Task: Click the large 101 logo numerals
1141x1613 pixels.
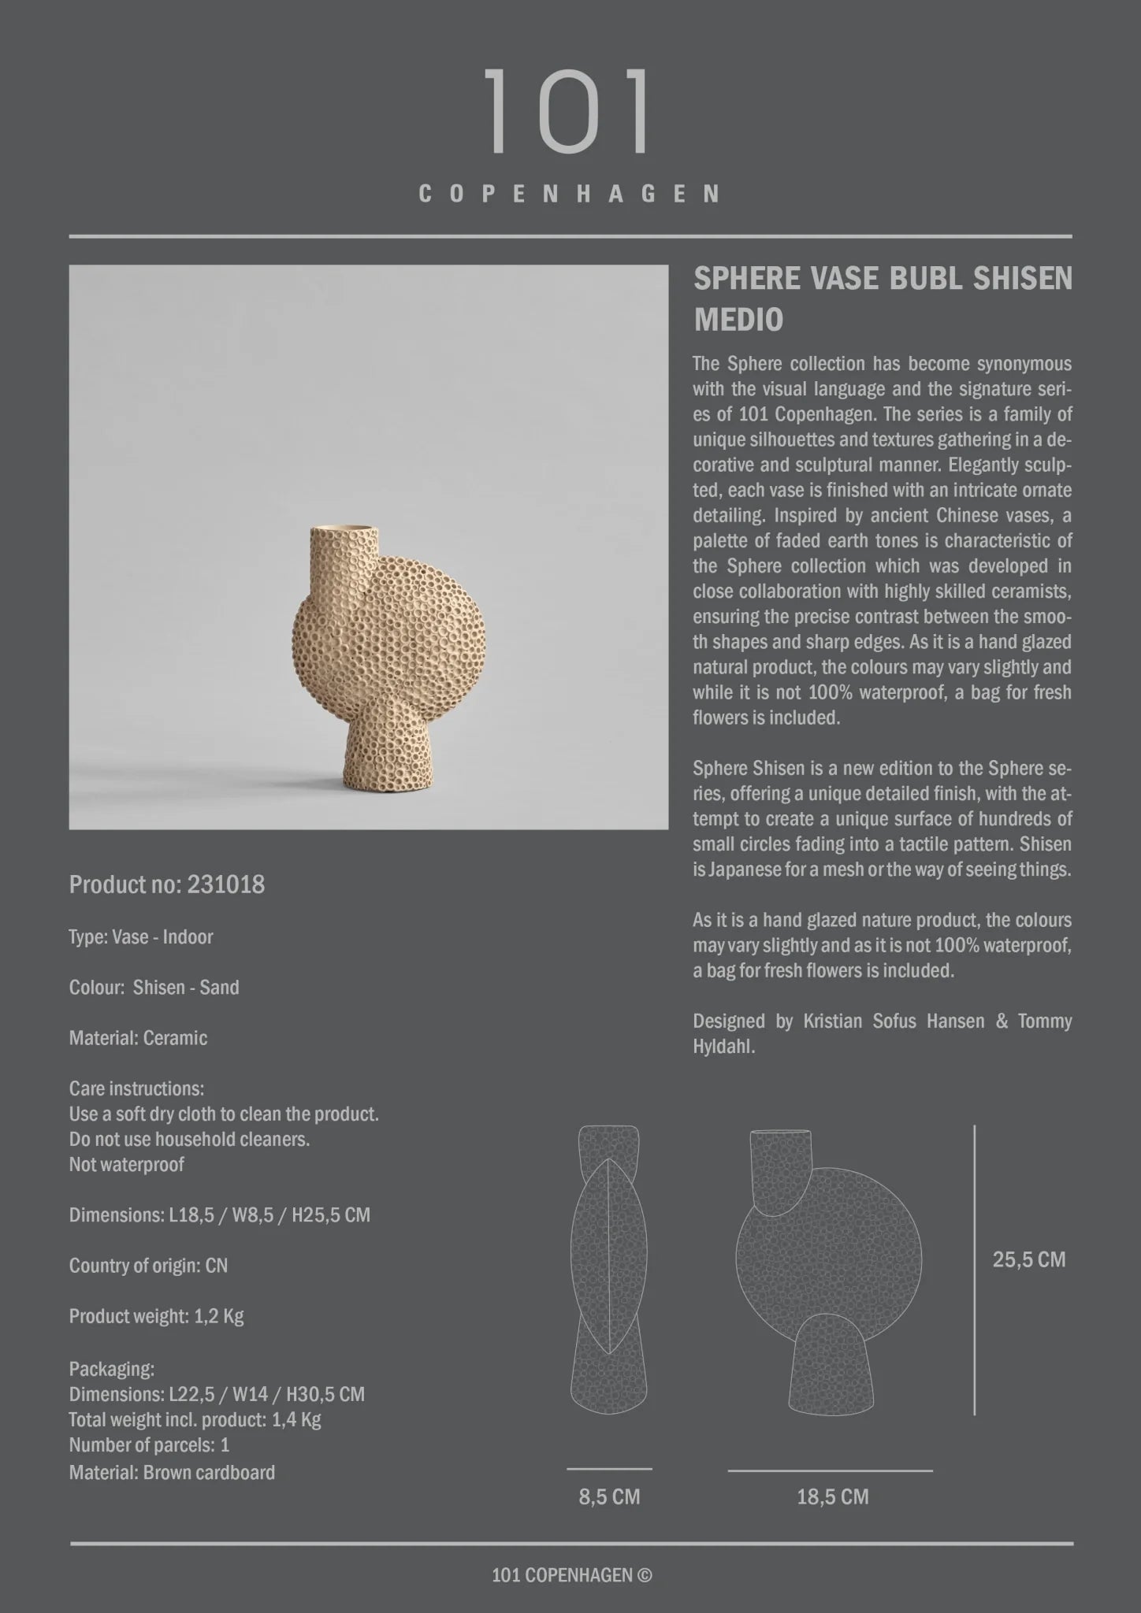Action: [x=567, y=111]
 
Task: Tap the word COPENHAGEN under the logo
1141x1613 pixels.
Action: [x=569, y=194]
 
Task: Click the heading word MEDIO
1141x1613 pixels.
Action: [x=738, y=320]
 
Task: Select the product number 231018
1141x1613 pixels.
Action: [x=225, y=884]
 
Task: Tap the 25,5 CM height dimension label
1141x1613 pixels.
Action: [x=1028, y=1259]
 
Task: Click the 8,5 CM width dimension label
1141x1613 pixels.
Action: [x=609, y=1496]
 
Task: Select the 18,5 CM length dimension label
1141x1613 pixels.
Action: [x=832, y=1496]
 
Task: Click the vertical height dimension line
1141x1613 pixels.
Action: [x=975, y=1268]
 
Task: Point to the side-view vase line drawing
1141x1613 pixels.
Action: [x=608, y=1268]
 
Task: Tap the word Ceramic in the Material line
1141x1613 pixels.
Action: [x=175, y=1038]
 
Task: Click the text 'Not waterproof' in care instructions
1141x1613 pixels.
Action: [x=127, y=1164]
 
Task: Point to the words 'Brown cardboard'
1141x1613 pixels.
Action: [x=209, y=1472]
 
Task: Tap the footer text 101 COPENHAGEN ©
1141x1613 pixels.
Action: [x=571, y=1574]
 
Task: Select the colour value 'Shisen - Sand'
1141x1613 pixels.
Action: [x=186, y=988]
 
